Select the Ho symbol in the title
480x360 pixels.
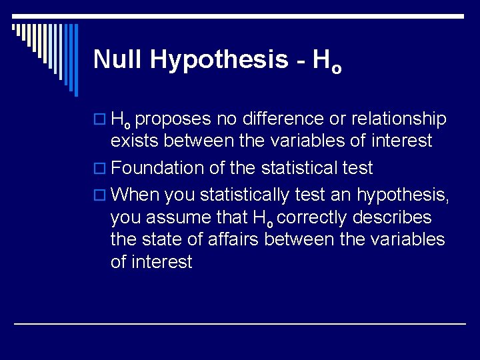(327, 61)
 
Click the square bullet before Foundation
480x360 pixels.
(102, 169)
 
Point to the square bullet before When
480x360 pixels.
(102, 196)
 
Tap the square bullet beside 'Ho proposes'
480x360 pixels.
(102, 120)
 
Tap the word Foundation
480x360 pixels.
(157, 169)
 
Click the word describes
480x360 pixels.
(398, 218)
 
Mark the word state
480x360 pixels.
(165, 239)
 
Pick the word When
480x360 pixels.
(135, 196)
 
